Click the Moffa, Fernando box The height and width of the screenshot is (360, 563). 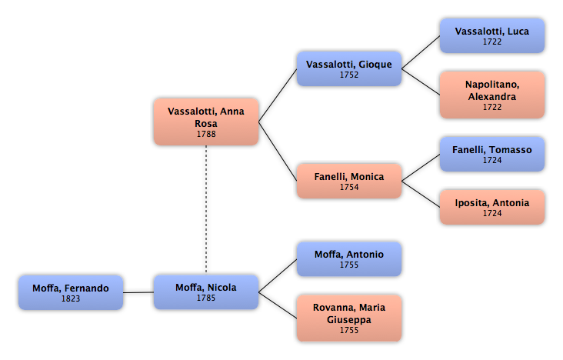[71, 292]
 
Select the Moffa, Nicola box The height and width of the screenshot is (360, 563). [206, 292]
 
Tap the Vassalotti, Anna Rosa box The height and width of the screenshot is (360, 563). [206, 122]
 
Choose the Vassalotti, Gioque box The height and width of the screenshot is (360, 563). [349, 68]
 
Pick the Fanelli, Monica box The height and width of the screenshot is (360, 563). [349, 181]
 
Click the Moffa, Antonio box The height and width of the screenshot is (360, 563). [349, 258]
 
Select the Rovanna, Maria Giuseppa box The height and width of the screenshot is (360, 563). [349, 318]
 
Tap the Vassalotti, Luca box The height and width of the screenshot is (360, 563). [492, 35]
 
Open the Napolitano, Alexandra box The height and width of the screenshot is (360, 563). [492, 95]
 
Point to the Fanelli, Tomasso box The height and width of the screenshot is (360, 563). [492, 154]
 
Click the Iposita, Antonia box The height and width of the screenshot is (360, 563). [492, 207]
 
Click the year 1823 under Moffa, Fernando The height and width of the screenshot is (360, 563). [71, 298]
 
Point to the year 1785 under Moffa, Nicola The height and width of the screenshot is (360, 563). [206, 298]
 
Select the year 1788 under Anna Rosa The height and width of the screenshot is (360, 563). [206, 134]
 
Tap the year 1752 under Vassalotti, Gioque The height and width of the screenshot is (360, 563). [349, 75]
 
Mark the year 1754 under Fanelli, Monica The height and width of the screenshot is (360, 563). [349, 187]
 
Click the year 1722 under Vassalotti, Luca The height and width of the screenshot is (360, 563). [492, 42]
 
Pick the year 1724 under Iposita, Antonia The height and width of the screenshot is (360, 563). [492, 213]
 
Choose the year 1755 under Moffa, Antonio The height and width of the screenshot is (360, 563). [349, 265]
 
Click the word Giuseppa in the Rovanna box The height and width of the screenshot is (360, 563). [349, 319]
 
